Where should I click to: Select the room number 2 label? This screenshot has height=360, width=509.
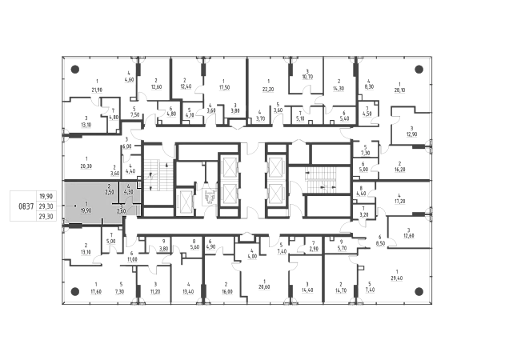coord(110,186)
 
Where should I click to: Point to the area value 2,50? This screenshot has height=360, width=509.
coord(110,192)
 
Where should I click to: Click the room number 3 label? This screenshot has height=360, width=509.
coord(120,206)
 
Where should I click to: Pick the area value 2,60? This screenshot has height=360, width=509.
coord(120,212)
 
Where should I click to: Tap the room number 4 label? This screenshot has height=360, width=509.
coord(129,186)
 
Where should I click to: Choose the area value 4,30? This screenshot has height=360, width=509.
coord(129,192)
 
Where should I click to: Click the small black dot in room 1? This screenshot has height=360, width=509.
coord(76,206)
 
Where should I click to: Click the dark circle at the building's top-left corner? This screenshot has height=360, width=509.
coord(74,69)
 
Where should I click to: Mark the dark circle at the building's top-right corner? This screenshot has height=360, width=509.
coord(422,69)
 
